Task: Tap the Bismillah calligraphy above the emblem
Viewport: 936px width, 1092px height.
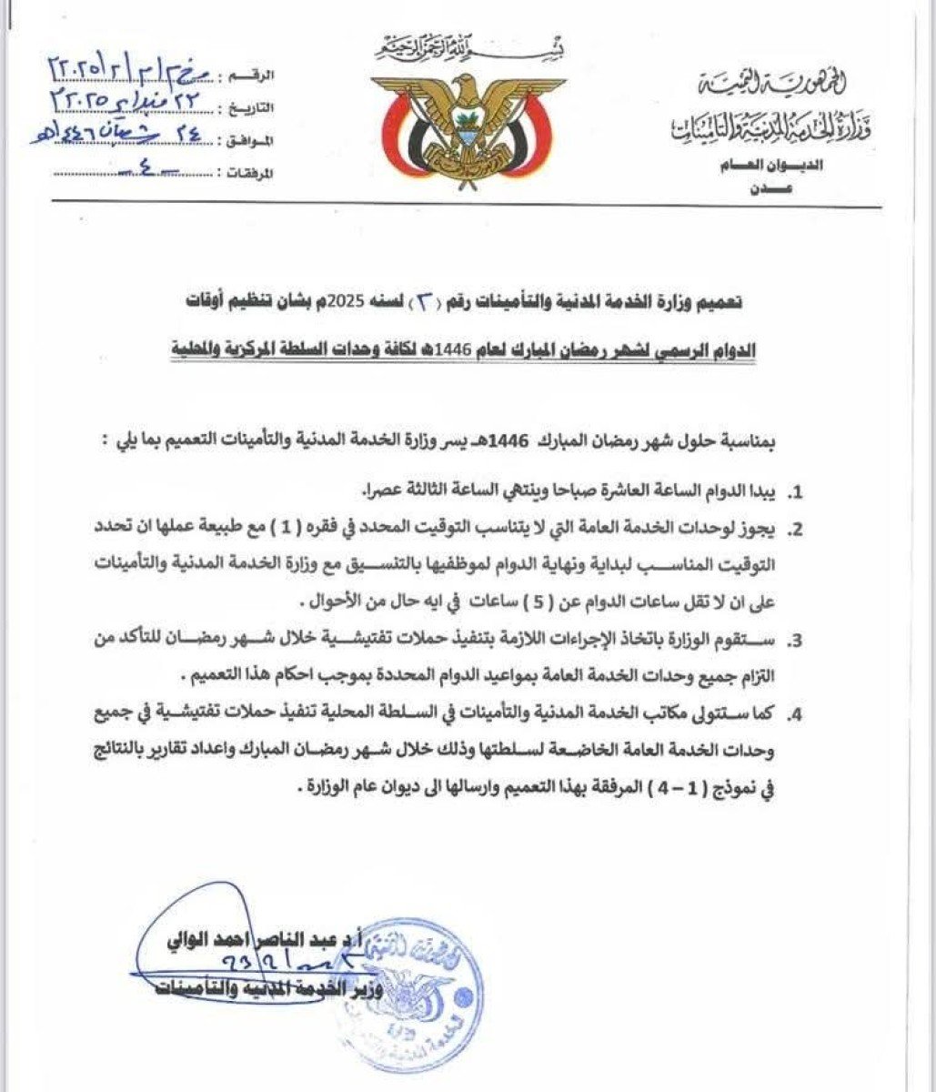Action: [466, 44]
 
